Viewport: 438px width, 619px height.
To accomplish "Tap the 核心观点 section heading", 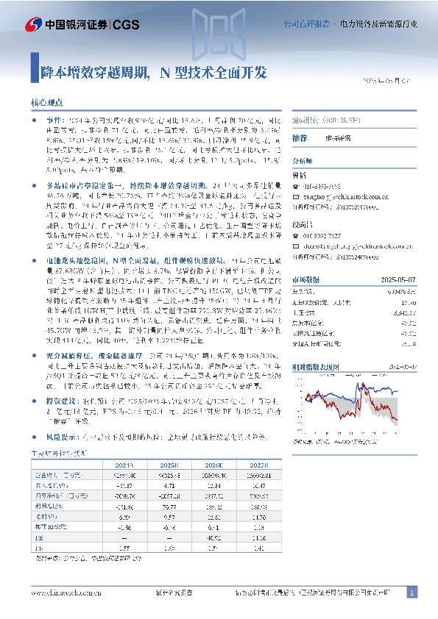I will [46, 104].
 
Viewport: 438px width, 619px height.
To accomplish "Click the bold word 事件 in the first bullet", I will [54, 119].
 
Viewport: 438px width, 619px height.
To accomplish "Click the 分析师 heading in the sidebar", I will [303, 160].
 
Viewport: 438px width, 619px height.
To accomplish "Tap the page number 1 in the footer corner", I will [413, 592].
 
